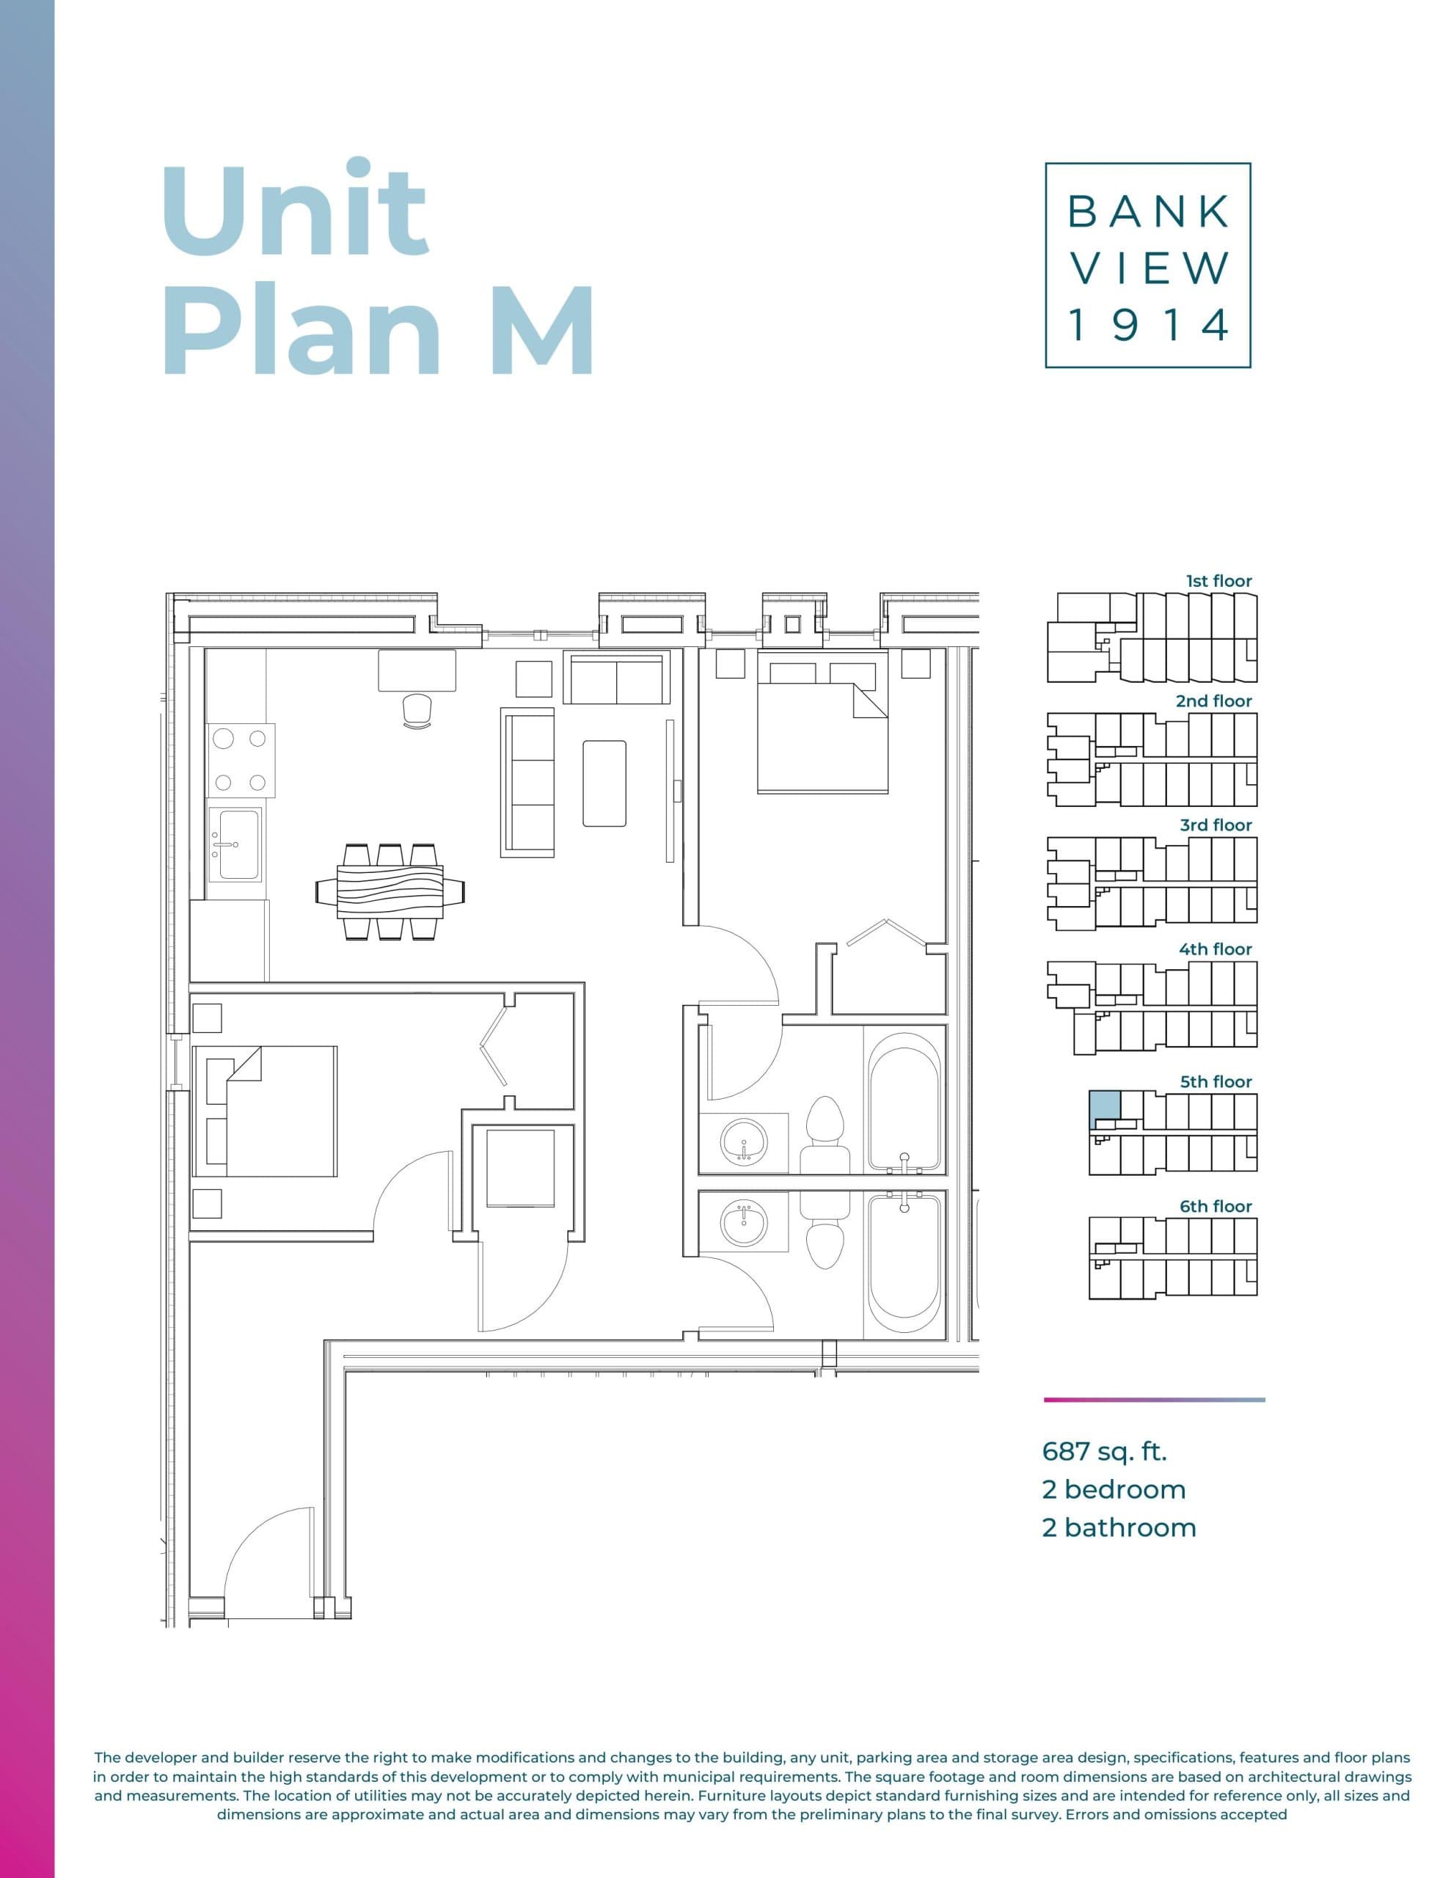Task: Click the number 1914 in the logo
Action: click(1147, 326)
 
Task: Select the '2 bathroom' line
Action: click(1118, 1527)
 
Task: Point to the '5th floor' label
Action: click(1216, 1082)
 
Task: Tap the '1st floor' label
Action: click(1218, 581)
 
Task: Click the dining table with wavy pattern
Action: click(390, 892)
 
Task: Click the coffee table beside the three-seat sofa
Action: click(604, 783)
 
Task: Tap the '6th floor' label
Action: click(1216, 1207)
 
